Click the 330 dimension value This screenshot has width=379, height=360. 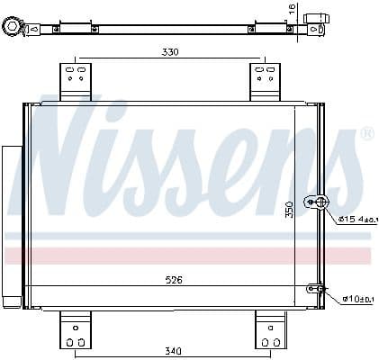pyautogui.click(x=170, y=52)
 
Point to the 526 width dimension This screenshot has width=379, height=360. pyautogui.click(x=174, y=280)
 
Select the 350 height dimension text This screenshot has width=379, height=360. pyautogui.click(x=290, y=210)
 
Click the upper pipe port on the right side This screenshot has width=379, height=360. pyautogui.click(x=316, y=202)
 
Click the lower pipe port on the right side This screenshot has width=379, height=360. pyautogui.click(x=315, y=289)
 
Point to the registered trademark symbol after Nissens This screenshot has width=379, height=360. pyautogui.click(x=366, y=134)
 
